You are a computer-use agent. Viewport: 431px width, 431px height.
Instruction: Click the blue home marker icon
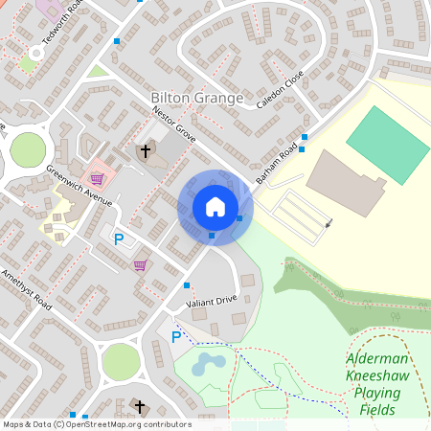(215, 207)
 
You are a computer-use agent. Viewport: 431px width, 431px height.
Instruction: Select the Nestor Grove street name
(173, 125)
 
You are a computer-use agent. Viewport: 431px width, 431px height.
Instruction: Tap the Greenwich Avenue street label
(79, 186)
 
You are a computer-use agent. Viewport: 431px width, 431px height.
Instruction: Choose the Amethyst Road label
(26, 286)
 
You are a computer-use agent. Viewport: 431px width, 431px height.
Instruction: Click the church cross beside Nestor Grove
(146, 151)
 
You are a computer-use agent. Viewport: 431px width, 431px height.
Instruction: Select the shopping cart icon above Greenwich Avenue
(96, 178)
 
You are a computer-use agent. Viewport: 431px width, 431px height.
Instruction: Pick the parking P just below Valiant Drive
(175, 337)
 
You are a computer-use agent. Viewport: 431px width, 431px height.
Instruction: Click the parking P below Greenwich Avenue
(119, 239)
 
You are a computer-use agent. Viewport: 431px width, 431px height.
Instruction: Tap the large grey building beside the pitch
(345, 182)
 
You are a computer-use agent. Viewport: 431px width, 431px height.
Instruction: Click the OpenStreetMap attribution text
(96, 424)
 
